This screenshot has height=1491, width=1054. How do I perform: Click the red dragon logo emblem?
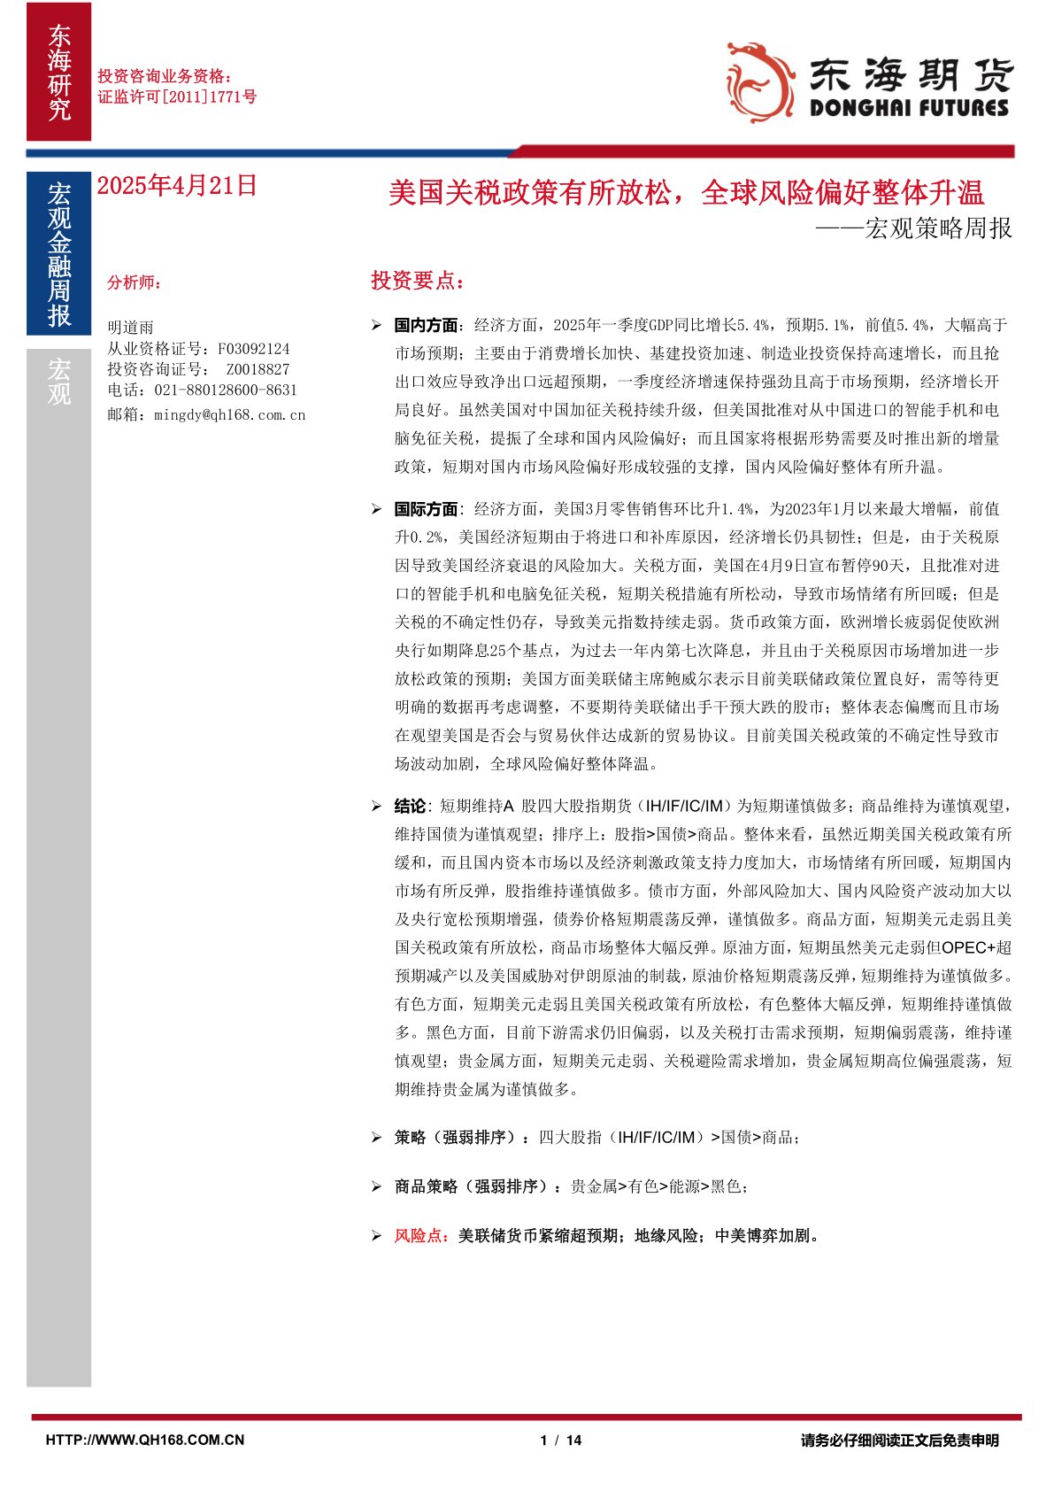(x=759, y=81)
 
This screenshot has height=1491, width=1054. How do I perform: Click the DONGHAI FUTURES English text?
(x=909, y=108)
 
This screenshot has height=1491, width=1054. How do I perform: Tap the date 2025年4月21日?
(x=176, y=185)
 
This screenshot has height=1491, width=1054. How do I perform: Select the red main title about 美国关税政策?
(x=686, y=192)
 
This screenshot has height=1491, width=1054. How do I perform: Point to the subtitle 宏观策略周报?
(x=938, y=228)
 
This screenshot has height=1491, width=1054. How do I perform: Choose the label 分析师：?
(x=135, y=282)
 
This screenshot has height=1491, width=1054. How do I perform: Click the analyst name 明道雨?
(x=130, y=328)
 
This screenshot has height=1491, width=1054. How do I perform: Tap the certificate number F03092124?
(x=254, y=349)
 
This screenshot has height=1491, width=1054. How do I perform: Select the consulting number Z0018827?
(x=258, y=369)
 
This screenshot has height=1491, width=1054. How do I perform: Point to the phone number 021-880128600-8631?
(x=226, y=390)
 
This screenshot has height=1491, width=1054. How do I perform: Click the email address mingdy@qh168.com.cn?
(x=229, y=414)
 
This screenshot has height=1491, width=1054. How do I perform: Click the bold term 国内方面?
(x=426, y=325)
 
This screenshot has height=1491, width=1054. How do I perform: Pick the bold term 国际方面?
(x=426, y=509)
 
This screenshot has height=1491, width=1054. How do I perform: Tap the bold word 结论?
(x=410, y=806)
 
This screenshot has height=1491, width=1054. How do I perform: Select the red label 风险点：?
(x=421, y=1235)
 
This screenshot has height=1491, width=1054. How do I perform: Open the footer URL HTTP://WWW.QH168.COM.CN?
(x=145, y=1441)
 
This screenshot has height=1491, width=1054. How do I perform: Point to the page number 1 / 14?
(x=561, y=1441)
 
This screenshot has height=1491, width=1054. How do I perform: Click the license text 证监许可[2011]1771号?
(x=177, y=97)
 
